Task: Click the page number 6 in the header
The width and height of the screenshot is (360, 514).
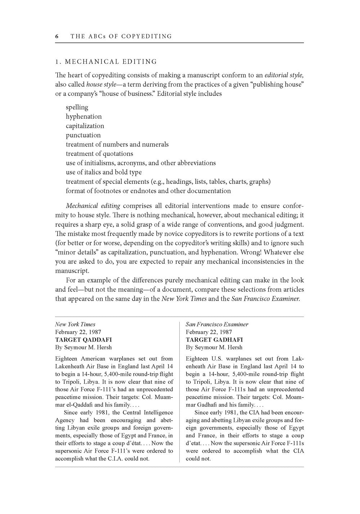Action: click(x=57, y=36)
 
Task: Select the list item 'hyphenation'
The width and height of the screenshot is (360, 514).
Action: click(x=84, y=117)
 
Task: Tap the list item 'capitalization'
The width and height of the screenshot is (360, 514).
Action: click(x=85, y=126)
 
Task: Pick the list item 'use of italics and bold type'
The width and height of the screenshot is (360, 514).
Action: click(x=104, y=172)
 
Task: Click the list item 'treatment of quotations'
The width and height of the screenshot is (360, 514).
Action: click(x=99, y=154)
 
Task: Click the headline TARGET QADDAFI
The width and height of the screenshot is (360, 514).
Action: click(x=83, y=339)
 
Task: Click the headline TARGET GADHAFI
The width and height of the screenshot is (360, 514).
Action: click(x=214, y=339)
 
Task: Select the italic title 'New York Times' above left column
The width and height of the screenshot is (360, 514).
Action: click(x=75, y=324)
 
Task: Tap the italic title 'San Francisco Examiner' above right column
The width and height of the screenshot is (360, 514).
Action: click(x=217, y=324)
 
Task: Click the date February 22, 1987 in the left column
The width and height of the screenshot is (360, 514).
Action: click(x=78, y=332)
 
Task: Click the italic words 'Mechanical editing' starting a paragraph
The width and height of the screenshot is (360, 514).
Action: click(x=93, y=206)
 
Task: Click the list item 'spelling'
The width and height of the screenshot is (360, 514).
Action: click(x=77, y=107)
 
